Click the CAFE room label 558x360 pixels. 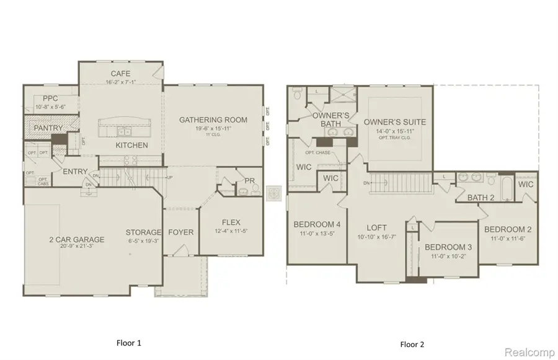pos(120,74)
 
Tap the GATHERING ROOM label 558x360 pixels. pos(213,120)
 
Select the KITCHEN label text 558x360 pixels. pos(131,145)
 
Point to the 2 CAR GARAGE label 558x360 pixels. pos(77,239)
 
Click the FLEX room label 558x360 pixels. pos(231,223)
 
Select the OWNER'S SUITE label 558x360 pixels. pos(395,121)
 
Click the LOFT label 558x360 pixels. pos(376,227)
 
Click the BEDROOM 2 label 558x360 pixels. pos(508,229)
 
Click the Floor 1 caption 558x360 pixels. pos(129,342)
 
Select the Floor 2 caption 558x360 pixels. pos(412,343)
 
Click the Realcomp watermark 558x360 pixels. pos(530,351)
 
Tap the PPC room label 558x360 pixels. pos(51,99)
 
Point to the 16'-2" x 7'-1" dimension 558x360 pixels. pos(120,81)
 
